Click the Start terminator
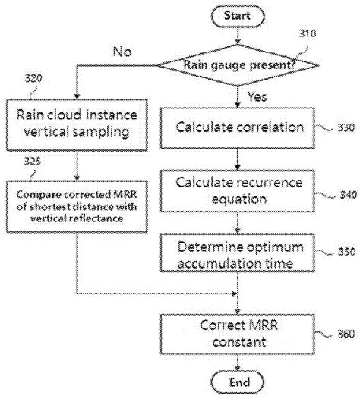(x=239, y=14)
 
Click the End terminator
(x=239, y=382)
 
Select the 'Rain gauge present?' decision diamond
(x=239, y=64)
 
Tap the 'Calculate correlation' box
(x=239, y=127)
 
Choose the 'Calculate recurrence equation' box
(x=239, y=190)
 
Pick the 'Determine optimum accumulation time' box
(x=239, y=255)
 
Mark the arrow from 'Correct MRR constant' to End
(x=239, y=363)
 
